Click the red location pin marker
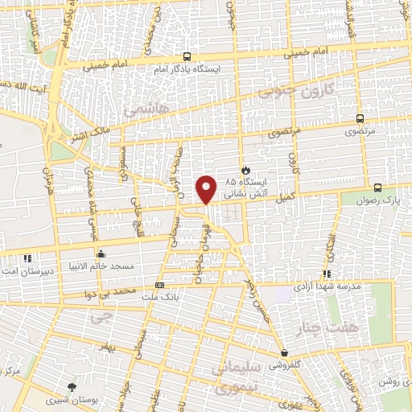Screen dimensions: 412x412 tap(207, 189)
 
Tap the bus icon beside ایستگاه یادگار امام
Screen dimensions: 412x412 tap(187, 57)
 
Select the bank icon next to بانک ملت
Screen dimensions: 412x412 tap(159, 285)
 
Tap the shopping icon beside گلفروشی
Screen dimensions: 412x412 tap(284, 352)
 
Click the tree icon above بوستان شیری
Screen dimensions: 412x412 tap(74, 387)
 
